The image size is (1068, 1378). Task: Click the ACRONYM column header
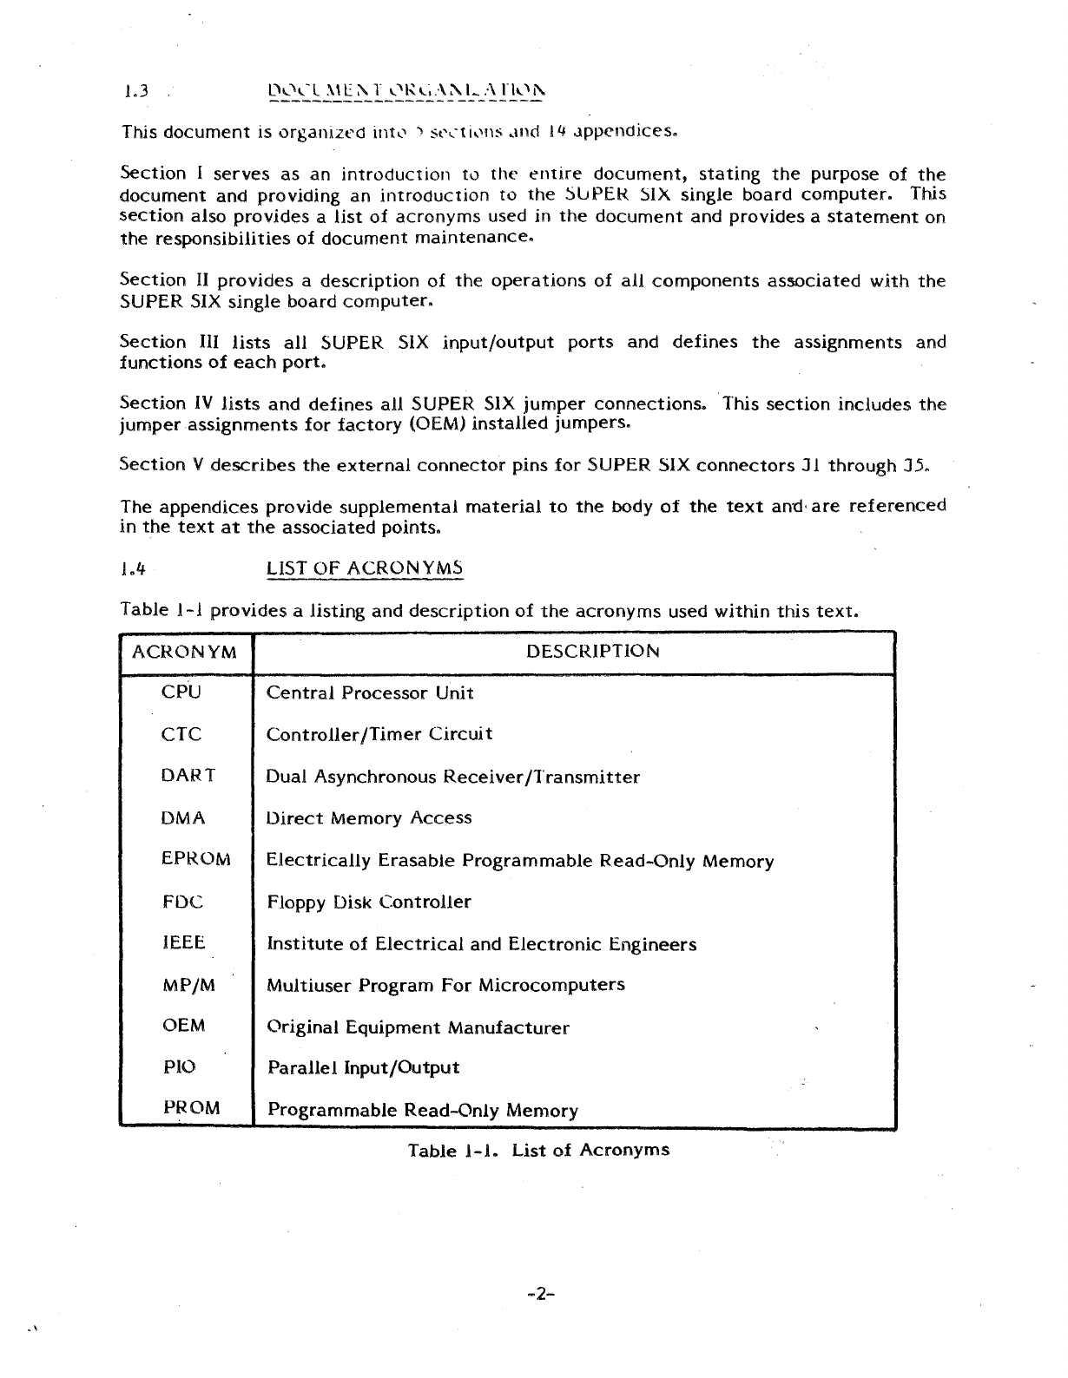coord(184,653)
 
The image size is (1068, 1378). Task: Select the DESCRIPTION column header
coord(593,652)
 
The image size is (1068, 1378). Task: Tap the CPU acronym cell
coord(181,692)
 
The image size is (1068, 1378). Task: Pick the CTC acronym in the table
coord(181,734)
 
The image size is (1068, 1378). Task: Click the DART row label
coord(188,776)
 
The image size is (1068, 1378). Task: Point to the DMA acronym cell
coord(183,817)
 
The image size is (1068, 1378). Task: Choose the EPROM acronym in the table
coord(196,859)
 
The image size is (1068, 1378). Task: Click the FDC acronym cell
coord(182,902)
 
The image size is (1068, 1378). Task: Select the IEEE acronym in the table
coord(183,943)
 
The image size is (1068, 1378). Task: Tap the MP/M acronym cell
coord(188,986)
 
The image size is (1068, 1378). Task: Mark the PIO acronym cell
coord(180,1067)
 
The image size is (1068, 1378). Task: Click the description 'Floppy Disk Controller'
coord(368,902)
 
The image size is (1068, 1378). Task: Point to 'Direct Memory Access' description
coord(368,818)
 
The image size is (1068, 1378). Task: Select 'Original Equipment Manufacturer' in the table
coord(417,1028)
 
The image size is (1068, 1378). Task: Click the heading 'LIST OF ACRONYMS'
coord(365,569)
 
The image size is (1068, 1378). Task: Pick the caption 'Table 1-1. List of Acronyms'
coord(538,1151)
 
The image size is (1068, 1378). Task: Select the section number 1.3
coord(135,89)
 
